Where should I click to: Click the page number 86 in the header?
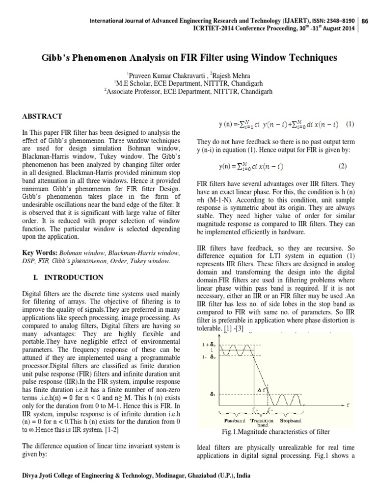pos(366,21)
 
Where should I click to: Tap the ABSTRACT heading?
pos(42,116)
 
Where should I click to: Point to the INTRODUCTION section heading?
pos(74,277)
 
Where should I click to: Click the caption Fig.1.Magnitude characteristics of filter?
pos(276,431)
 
